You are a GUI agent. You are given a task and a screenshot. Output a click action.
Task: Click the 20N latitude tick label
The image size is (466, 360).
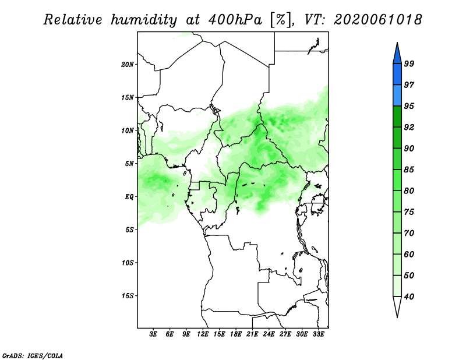point(128,65)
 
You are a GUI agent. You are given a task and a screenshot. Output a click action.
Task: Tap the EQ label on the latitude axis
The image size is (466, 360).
point(129,197)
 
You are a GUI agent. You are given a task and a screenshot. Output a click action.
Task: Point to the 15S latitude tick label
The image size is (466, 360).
point(128,296)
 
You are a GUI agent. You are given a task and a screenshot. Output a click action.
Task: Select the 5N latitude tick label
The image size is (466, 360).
point(129,164)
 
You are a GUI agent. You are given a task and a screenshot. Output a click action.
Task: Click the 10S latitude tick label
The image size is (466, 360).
point(128,263)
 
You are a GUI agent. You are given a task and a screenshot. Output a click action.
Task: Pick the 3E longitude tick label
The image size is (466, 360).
point(153,334)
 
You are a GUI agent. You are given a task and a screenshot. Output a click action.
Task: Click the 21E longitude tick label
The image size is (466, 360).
point(252,334)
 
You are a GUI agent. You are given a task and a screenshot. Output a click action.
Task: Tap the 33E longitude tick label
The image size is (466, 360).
point(318,334)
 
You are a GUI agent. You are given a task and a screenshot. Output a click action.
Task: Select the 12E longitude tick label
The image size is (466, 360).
point(203,334)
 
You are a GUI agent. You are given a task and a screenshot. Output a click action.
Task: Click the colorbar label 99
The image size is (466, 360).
point(409,63)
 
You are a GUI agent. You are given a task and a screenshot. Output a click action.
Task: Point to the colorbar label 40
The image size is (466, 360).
point(409,297)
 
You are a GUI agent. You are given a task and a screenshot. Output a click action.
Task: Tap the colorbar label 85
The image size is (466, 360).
point(409,170)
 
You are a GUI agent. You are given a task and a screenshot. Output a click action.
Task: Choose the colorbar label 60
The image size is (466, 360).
point(409,254)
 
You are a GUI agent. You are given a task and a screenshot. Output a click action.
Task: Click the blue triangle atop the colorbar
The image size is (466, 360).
point(397,55)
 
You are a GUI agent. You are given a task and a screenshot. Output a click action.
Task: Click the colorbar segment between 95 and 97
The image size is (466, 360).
point(397,96)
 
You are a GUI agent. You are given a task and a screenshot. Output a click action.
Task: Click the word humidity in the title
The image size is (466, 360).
point(144,20)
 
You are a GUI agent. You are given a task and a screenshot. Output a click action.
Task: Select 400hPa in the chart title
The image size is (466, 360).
point(235,20)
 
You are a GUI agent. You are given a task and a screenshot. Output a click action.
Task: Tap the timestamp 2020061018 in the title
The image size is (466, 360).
point(377,20)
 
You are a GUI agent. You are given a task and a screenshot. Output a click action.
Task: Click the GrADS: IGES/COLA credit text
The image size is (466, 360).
point(33,355)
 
